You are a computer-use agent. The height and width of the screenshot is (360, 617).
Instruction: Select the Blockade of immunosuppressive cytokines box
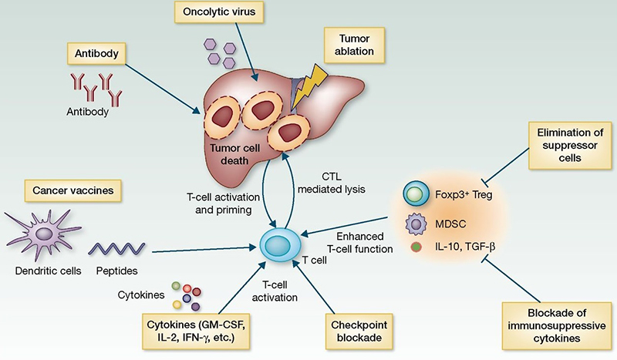(x=554, y=323)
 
